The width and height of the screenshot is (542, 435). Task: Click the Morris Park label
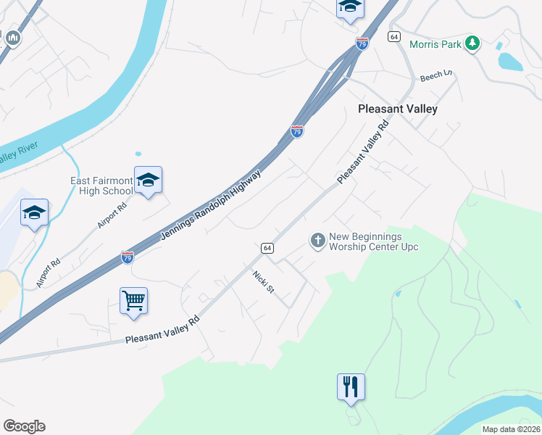(435, 44)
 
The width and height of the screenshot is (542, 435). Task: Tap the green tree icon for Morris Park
(472, 43)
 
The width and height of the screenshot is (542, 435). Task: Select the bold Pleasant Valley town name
(398, 109)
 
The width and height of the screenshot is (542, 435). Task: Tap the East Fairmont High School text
(101, 186)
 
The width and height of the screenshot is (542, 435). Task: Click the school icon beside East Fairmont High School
(148, 181)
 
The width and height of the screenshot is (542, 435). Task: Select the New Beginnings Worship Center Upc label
(373, 241)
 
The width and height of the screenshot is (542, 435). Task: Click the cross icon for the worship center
(317, 240)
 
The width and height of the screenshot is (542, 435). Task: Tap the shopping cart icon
(134, 300)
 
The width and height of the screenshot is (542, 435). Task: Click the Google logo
(24, 426)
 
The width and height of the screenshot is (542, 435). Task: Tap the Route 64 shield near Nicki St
(267, 248)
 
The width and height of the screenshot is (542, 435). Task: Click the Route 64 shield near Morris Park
(394, 36)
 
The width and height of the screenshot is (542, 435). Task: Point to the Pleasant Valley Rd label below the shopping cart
(162, 329)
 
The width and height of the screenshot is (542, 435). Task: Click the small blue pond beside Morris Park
(510, 61)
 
